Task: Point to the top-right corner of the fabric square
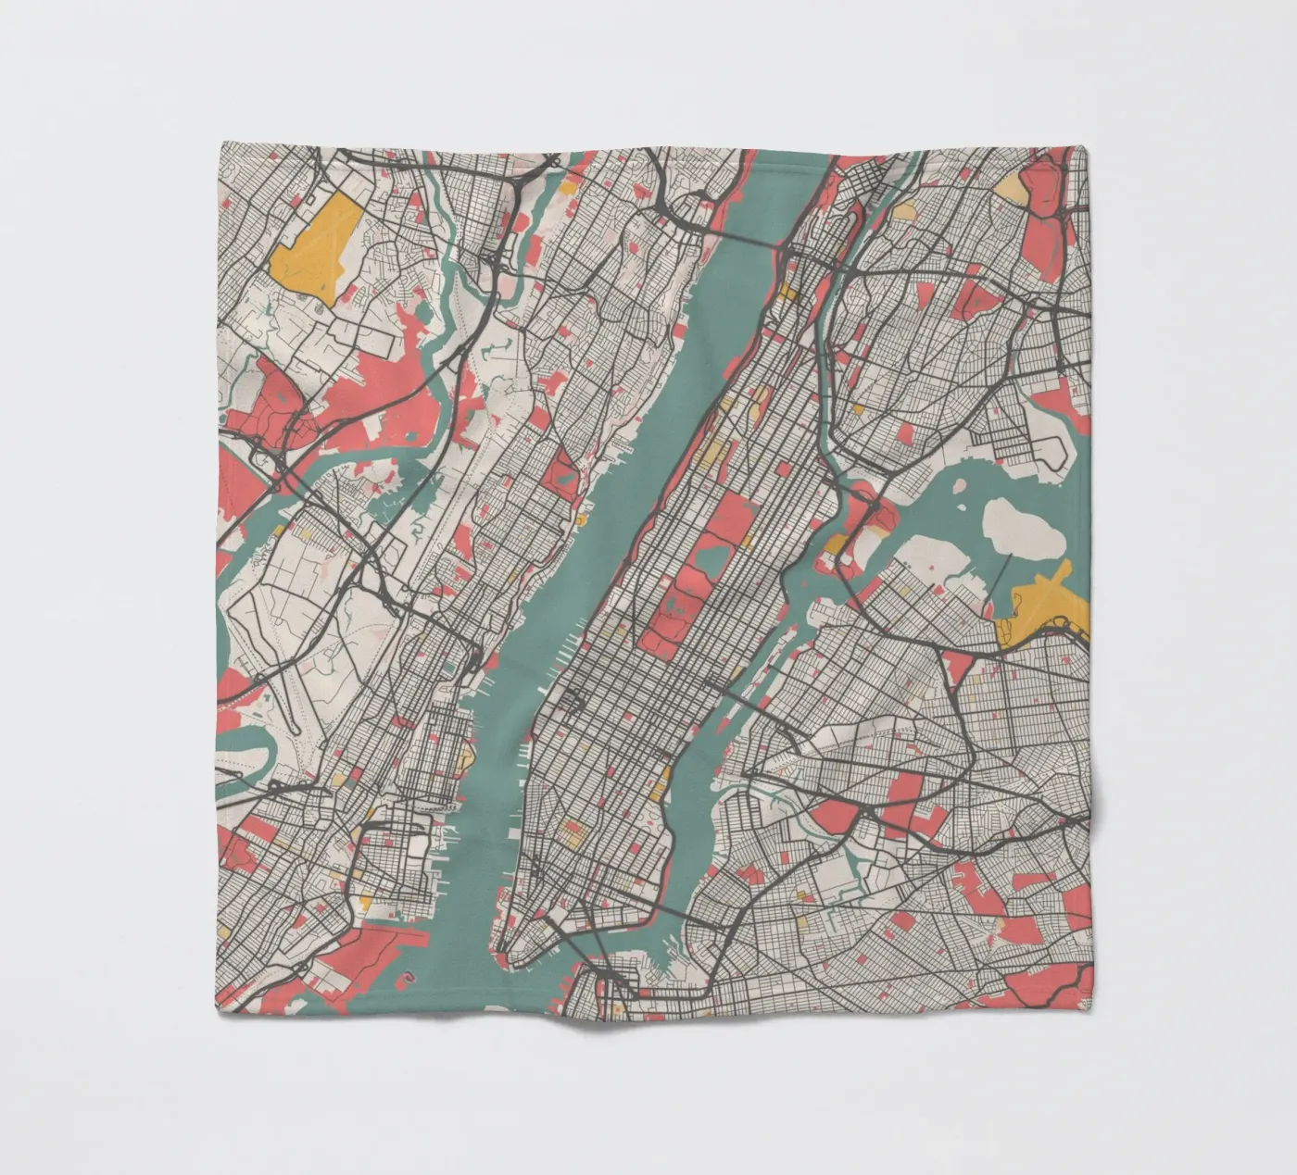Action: pyautogui.click(x=1090, y=146)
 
